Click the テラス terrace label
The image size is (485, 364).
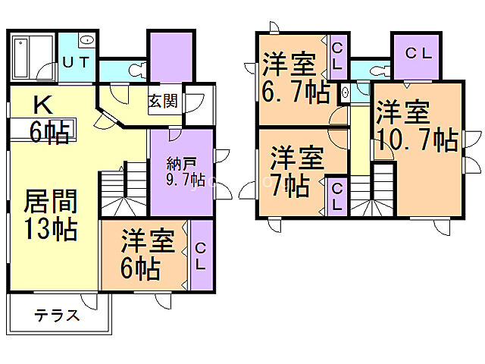(57, 316)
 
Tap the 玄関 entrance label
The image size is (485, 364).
(163, 101)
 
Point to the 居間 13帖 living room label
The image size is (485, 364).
(51, 215)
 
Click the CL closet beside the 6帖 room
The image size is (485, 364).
(201, 255)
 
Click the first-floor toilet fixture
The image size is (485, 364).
(138, 71)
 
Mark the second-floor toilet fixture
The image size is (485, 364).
(377, 71)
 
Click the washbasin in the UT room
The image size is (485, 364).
(86, 39)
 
